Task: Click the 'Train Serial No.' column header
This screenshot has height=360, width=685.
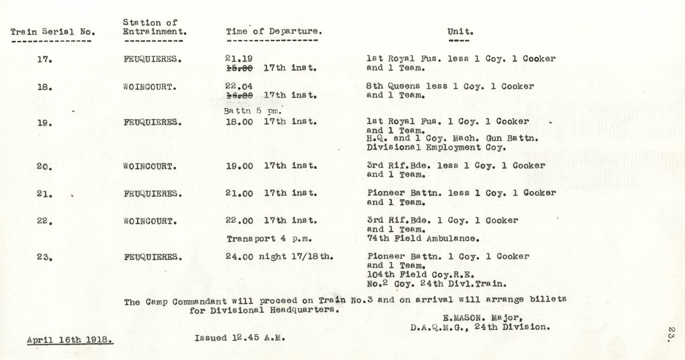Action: [53, 32]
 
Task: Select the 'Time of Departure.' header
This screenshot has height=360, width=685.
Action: [274, 31]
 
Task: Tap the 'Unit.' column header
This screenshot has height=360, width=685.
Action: [460, 32]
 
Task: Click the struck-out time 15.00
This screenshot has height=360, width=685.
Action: [239, 68]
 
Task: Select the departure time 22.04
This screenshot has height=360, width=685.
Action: [239, 86]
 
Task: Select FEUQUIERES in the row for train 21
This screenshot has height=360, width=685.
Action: [153, 194]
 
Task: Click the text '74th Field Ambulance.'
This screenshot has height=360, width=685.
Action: [422, 239]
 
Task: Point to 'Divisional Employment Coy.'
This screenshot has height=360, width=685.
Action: [436, 148]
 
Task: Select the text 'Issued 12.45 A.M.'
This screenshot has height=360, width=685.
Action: [240, 337]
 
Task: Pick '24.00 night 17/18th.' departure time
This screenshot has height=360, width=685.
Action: [280, 257]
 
